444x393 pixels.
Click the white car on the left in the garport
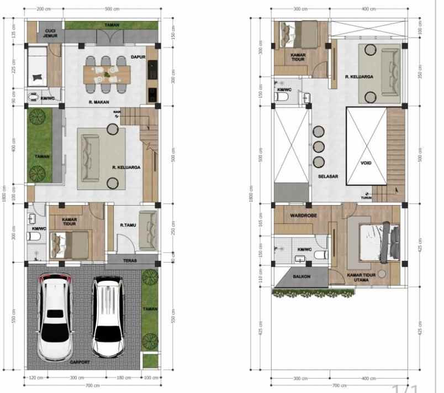pos(55,318)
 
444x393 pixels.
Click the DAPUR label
pos(138,56)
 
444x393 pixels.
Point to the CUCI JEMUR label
pos(50,33)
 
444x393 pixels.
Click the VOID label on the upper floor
pos(366,163)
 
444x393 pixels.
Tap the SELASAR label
pos(328,177)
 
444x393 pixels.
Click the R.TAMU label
pos(128,226)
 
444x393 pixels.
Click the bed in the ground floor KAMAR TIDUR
pos(70,242)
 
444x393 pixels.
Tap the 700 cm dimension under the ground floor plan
pos(92,385)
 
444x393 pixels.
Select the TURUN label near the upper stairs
pos(366,198)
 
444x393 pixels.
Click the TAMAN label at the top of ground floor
pos(112,25)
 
